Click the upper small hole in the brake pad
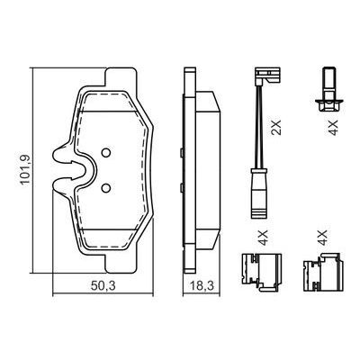click(105, 153)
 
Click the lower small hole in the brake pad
click(105, 186)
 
